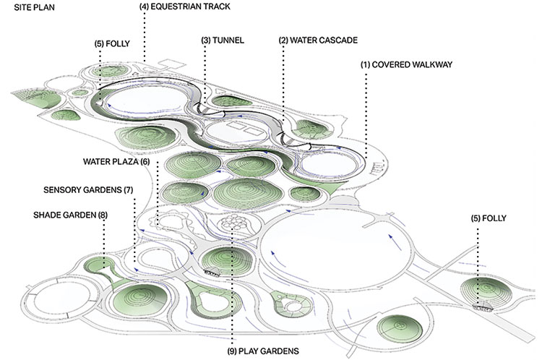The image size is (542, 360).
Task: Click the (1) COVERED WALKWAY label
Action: point(406,64)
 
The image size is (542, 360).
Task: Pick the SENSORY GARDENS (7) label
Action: point(89,189)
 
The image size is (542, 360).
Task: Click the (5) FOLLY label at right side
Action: point(486,217)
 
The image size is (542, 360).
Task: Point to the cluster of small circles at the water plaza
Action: point(233,226)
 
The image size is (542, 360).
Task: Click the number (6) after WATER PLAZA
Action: point(145,162)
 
